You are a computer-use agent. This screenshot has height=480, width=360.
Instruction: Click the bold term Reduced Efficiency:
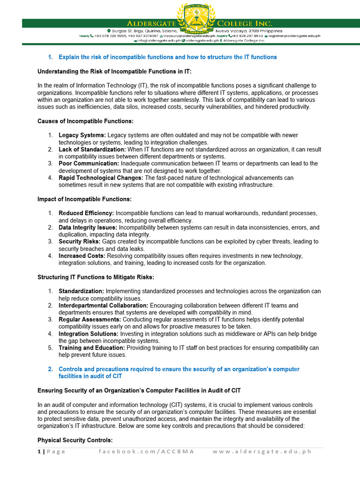pyautogui.click(x=86, y=213)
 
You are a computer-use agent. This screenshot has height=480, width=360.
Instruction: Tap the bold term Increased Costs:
pyautogui.click(x=82, y=256)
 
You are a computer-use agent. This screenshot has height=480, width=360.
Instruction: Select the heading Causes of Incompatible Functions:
pyautogui.click(x=85, y=121)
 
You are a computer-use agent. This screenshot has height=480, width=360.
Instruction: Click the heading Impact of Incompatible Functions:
pyautogui.click(x=84, y=199)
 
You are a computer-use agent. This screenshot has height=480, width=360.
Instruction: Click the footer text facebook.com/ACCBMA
pyautogui.click(x=146, y=451)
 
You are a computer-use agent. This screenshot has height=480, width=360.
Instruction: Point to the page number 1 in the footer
pyautogui.click(x=39, y=451)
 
